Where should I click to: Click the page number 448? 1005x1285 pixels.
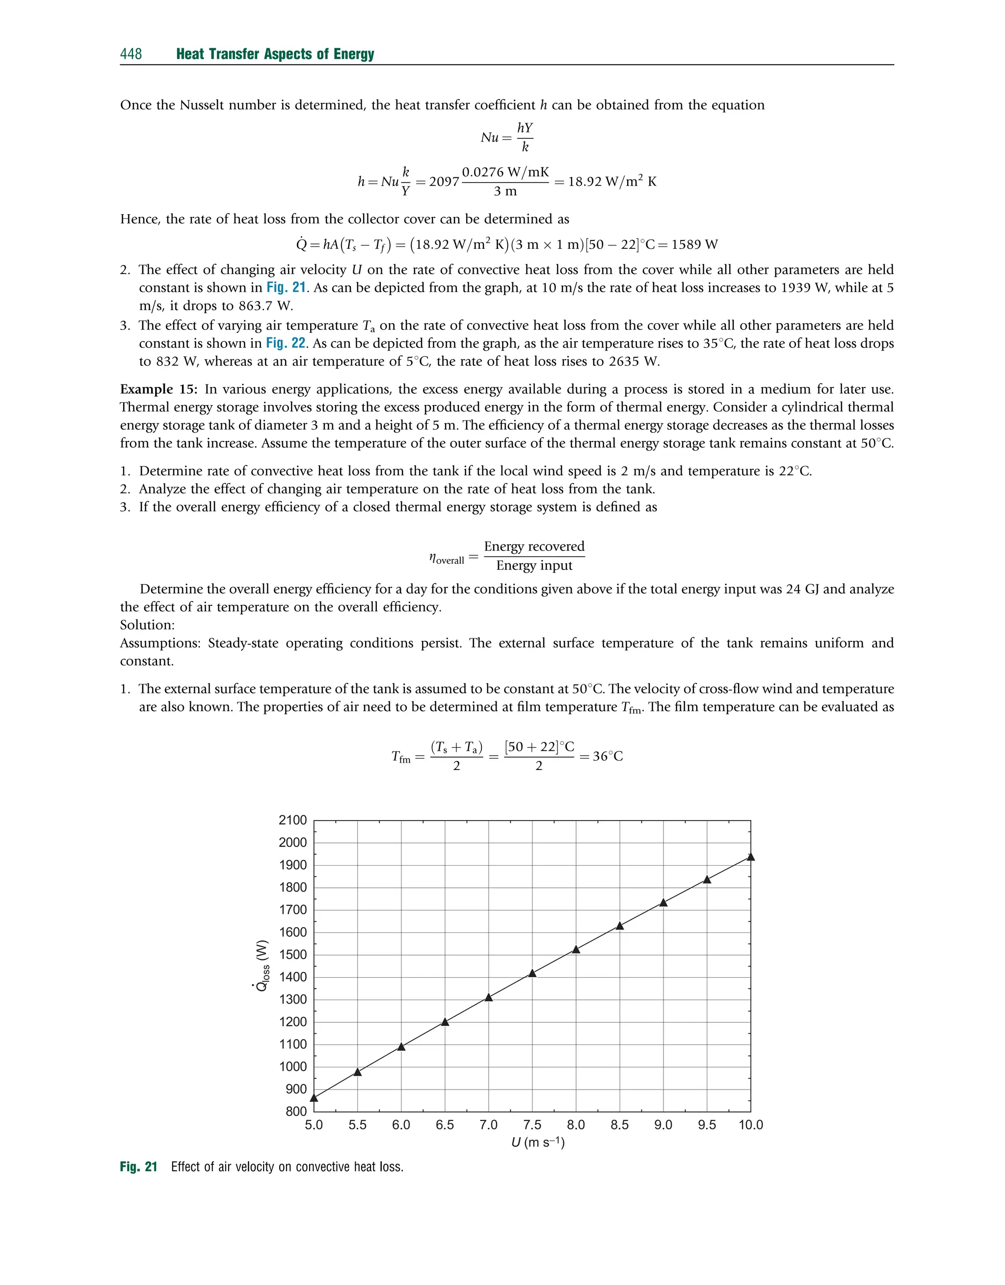tap(131, 54)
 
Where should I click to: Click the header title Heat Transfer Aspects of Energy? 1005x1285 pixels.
tap(275, 54)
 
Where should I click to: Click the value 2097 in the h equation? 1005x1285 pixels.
tap(444, 182)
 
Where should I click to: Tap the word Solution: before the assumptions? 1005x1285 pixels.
tap(147, 625)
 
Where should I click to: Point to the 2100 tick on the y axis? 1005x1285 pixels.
tap(292, 820)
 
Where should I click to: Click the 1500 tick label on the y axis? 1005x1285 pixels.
tap(292, 954)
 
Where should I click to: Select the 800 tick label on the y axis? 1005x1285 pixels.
tap(296, 1111)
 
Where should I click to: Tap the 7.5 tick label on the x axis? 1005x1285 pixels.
tap(532, 1125)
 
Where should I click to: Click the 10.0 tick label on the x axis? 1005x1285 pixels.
tap(750, 1125)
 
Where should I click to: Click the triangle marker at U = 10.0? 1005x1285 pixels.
tap(750, 857)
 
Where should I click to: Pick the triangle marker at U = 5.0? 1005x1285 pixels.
tap(314, 1098)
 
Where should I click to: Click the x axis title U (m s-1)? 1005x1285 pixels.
tap(537, 1143)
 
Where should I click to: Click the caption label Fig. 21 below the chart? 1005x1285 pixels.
tap(138, 1167)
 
